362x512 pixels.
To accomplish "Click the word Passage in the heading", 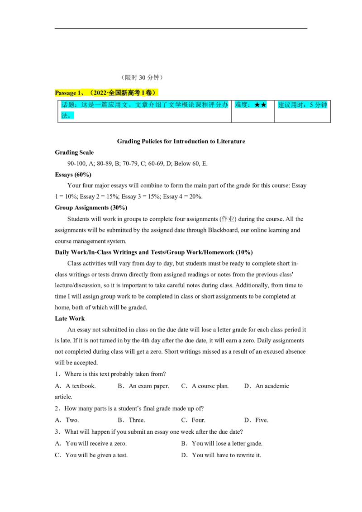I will tap(66, 93).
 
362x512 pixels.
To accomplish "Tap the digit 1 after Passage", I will tap(80, 93).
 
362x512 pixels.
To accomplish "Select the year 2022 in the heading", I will tap(100, 93).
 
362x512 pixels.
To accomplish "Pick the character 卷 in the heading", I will tap(148, 93).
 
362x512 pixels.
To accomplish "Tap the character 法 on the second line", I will tap(64, 115).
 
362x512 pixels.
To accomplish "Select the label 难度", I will tap(240, 105).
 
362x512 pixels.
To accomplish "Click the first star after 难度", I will tap(257, 105).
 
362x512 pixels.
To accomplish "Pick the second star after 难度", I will tap(264, 105).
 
